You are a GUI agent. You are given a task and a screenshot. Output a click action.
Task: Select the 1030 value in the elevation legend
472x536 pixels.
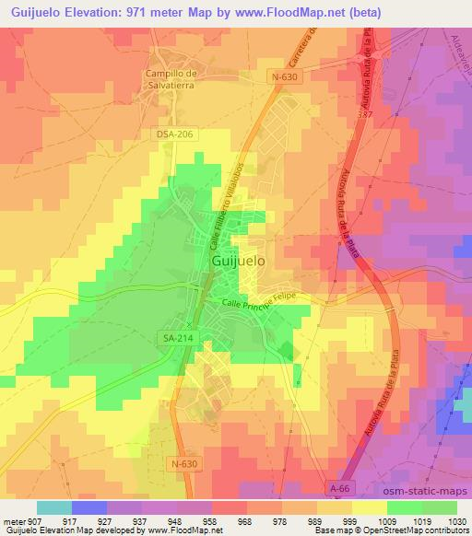pyautogui.click(x=454, y=520)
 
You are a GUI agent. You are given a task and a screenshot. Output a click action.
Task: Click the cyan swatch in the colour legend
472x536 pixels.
pyautogui.click(x=55, y=507)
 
